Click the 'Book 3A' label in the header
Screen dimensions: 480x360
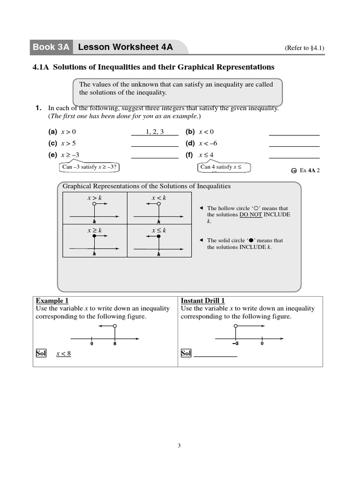[51, 47]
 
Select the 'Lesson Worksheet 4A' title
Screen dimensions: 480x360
[125, 47]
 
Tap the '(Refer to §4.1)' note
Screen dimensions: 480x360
[305, 48]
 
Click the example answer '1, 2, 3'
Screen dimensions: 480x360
[155, 132]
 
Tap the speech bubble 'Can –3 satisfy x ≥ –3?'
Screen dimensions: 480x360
[89, 167]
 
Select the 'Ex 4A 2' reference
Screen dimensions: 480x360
[309, 170]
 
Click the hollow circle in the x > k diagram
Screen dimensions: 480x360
[94, 204]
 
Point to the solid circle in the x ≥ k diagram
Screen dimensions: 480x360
[94, 237]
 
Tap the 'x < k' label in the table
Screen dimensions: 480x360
[159, 198]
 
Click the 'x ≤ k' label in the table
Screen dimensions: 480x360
[159, 231]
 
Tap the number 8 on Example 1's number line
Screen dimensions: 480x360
[115, 344]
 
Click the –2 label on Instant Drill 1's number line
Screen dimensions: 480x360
[235, 344]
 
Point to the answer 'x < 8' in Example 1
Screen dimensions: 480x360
[64, 353]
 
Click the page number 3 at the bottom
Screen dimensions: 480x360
[179, 445]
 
